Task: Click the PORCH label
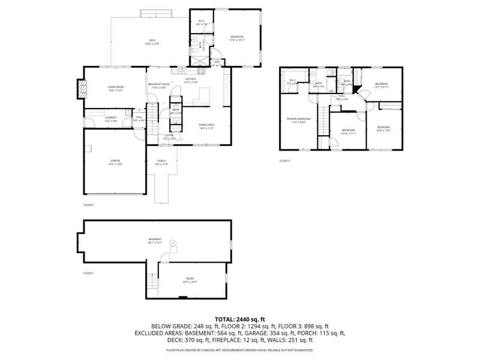161,161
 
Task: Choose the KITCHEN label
190,80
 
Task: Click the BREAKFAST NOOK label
159,85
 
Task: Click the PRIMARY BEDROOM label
298,120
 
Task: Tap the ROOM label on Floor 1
190,280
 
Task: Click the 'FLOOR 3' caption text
284,161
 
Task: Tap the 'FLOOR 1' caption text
88,273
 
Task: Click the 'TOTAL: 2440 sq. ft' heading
240,319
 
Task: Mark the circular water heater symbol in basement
173,242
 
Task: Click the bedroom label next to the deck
237,38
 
